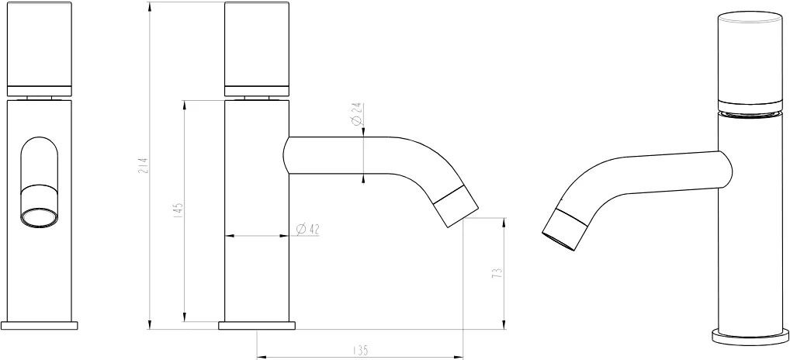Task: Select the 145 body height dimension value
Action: click(x=179, y=210)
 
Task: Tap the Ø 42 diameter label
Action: click(x=308, y=229)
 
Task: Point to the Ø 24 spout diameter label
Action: click(x=357, y=115)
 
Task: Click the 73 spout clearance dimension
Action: click(x=497, y=273)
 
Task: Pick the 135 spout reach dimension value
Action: click(x=361, y=349)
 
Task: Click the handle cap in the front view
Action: click(x=40, y=49)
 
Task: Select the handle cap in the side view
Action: click(x=257, y=49)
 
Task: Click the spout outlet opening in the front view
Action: click(x=39, y=216)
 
